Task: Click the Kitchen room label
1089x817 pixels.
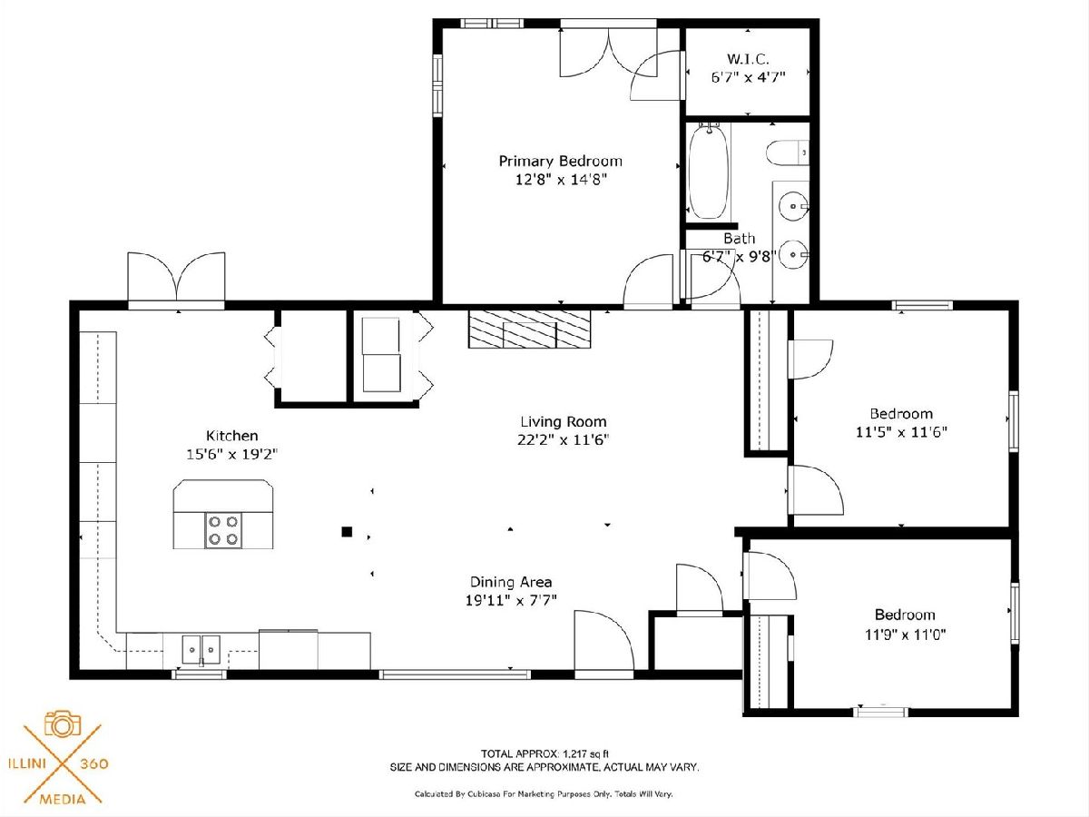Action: point(231,436)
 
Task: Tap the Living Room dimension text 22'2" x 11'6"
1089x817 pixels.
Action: point(564,440)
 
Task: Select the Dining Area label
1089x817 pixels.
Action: point(511,582)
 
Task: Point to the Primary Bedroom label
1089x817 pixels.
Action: point(561,162)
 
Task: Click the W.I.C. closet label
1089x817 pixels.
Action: point(748,59)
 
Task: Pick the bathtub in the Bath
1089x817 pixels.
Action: point(709,172)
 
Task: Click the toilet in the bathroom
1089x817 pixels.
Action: point(788,153)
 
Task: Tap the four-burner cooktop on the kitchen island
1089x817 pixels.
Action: point(223,530)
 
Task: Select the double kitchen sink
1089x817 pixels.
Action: point(201,649)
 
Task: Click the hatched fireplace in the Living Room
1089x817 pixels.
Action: point(530,329)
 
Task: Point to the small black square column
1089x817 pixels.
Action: point(347,532)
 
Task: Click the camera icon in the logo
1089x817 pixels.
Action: point(63,724)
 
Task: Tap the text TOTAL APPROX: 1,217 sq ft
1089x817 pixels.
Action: point(544,754)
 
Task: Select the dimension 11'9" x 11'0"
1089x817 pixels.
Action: point(906,635)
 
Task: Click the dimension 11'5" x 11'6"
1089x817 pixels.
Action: point(901,432)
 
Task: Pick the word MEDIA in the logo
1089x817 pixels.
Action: point(63,800)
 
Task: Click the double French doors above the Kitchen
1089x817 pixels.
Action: point(177,277)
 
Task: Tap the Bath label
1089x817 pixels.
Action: point(740,239)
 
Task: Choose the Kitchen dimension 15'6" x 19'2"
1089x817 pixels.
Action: point(231,455)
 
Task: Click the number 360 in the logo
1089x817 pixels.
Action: point(93,763)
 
